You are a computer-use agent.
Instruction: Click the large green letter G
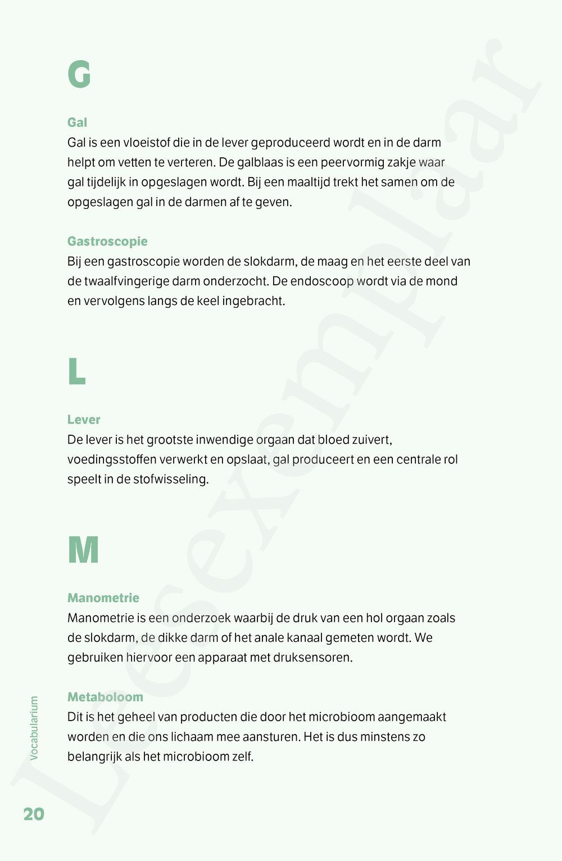pos(79,75)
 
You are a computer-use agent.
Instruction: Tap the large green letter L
pos(76,371)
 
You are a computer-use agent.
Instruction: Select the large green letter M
pos(83,550)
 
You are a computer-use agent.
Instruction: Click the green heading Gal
pos(77,122)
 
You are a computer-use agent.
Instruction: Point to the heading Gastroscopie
pos(107,242)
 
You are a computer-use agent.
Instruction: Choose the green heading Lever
pos(84,420)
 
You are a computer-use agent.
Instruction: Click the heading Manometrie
pos(103,598)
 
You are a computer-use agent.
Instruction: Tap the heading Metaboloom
pos(105,697)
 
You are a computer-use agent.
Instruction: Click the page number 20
pos(34,814)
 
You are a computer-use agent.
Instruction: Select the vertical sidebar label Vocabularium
pos(34,728)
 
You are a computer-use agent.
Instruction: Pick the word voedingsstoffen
pos(112,460)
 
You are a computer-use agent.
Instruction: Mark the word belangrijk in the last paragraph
pos(94,757)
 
